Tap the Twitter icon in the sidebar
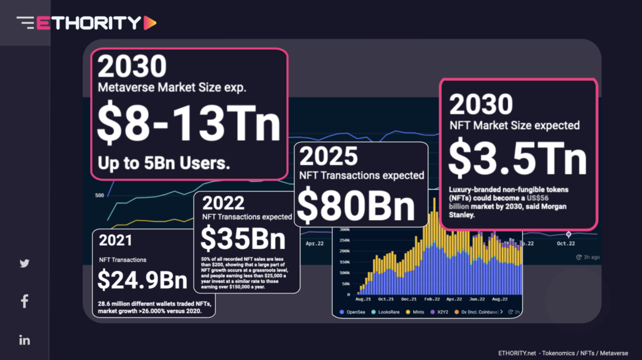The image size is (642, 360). (x=24, y=263)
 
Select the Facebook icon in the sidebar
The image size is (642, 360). (x=24, y=302)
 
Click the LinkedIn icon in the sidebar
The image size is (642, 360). (x=24, y=340)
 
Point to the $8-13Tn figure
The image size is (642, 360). (x=189, y=125)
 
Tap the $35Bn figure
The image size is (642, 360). (x=243, y=239)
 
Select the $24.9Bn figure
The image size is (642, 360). (x=142, y=280)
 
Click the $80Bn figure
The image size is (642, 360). (x=356, y=204)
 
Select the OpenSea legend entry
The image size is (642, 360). (x=357, y=311)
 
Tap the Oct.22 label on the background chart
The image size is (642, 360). (x=566, y=243)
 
